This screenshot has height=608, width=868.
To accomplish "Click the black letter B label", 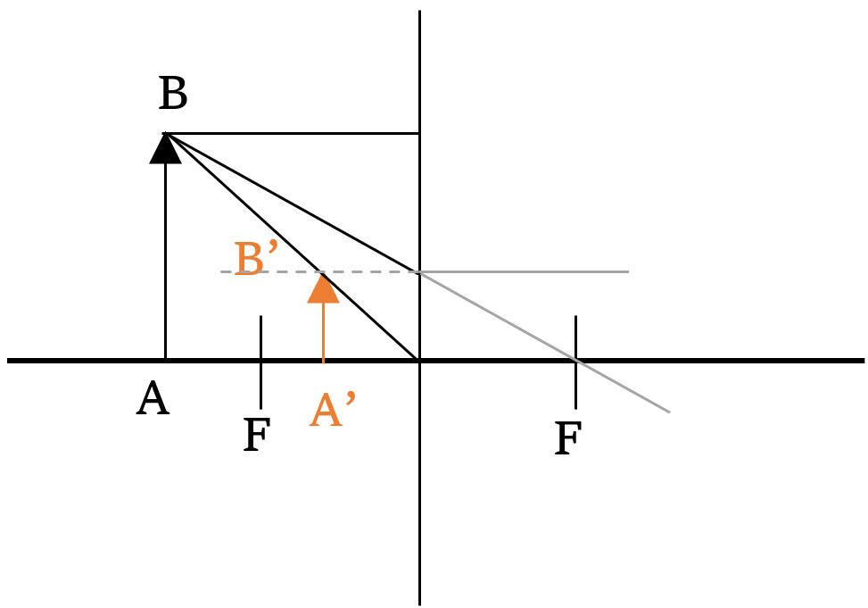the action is [x=173, y=93].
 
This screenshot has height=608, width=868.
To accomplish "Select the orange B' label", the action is [x=255, y=258].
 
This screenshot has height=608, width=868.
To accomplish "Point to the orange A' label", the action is [x=332, y=409].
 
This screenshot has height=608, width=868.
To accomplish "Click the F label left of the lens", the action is [x=257, y=435].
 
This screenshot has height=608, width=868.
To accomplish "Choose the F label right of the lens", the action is [x=568, y=437].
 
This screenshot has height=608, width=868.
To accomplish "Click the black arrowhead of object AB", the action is [x=166, y=148].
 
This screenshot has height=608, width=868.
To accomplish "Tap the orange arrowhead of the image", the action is [x=323, y=288].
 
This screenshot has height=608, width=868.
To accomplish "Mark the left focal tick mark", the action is [x=260, y=362].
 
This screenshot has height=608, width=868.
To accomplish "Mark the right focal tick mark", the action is [x=575, y=362].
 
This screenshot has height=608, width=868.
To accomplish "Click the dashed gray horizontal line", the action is [x=319, y=271].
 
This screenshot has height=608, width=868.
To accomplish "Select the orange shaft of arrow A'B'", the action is [x=323, y=332].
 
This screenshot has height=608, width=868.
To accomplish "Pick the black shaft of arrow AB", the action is [x=166, y=262].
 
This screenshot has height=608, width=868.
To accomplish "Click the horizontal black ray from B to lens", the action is [x=292, y=134].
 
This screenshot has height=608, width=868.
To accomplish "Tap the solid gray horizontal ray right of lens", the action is [x=525, y=271].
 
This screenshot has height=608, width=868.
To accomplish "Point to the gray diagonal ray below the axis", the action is [x=623, y=387].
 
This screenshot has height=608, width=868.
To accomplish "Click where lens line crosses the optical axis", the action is [x=419, y=361].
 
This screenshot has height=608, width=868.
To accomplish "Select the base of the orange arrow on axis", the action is [x=323, y=361].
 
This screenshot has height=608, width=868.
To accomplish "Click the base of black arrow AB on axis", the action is [x=166, y=361].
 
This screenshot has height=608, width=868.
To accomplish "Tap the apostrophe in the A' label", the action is [x=351, y=398].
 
